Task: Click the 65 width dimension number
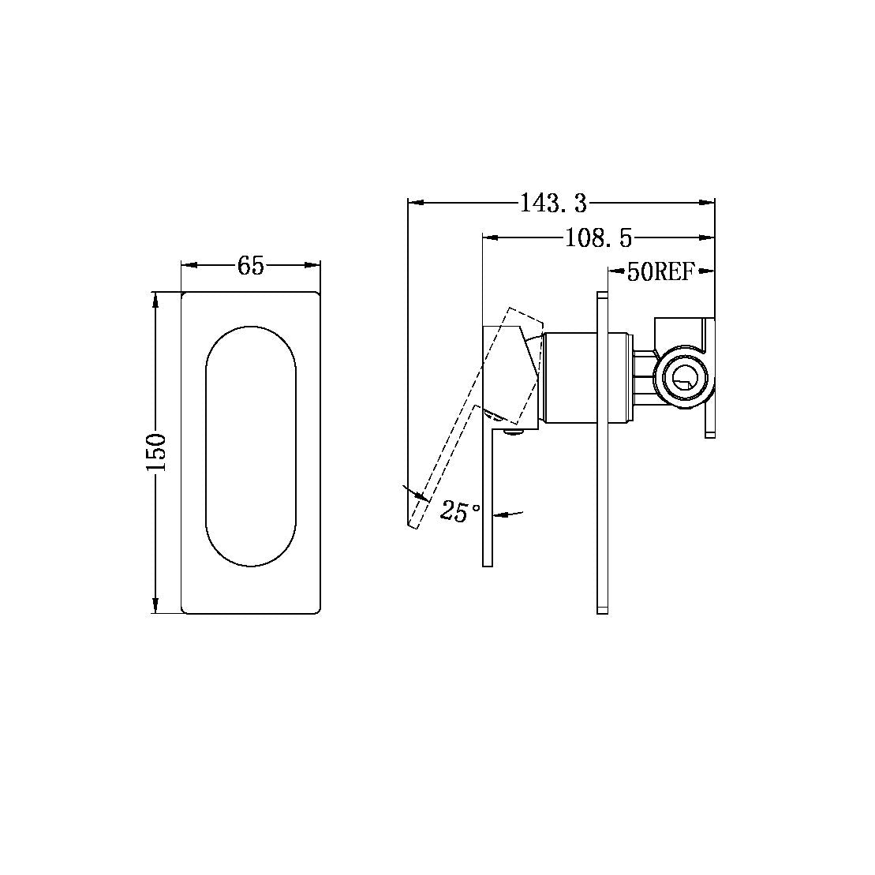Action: pos(250,267)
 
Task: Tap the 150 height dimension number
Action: pos(155,452)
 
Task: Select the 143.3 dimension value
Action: pos(553,204)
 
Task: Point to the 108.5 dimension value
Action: pos(599,237)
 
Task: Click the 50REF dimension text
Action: pos(660,272)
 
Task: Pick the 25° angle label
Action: pos(461,511)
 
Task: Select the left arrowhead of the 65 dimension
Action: pos(189,267)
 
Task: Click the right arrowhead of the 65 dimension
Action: pos(313,267)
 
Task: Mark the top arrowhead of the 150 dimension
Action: pos(155,300)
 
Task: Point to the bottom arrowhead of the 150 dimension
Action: pos(155,606)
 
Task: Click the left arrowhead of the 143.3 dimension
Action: pos(415,204)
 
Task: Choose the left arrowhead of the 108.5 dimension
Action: pos(489,237)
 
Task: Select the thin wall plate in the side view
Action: pos(603,453)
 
